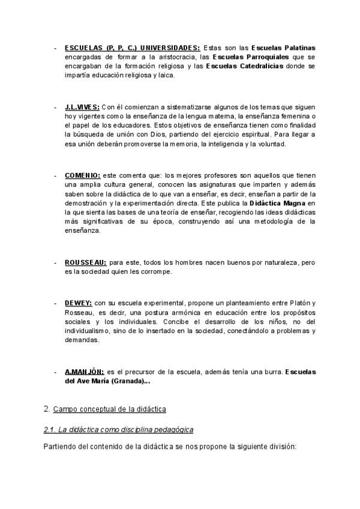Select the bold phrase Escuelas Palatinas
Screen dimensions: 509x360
coord(283,47)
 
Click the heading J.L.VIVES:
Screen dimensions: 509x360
coord(82,106)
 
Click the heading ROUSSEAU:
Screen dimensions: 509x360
coord(85,262)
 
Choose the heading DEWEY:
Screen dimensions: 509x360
coord(78,303)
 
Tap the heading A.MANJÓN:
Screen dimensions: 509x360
coord(84,372)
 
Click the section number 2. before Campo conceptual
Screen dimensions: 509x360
coord(47,409)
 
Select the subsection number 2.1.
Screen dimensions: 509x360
coord(50,430)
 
